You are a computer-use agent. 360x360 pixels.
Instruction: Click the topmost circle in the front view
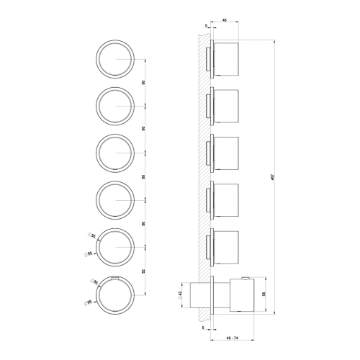114,58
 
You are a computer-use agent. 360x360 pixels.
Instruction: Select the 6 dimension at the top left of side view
206,27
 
